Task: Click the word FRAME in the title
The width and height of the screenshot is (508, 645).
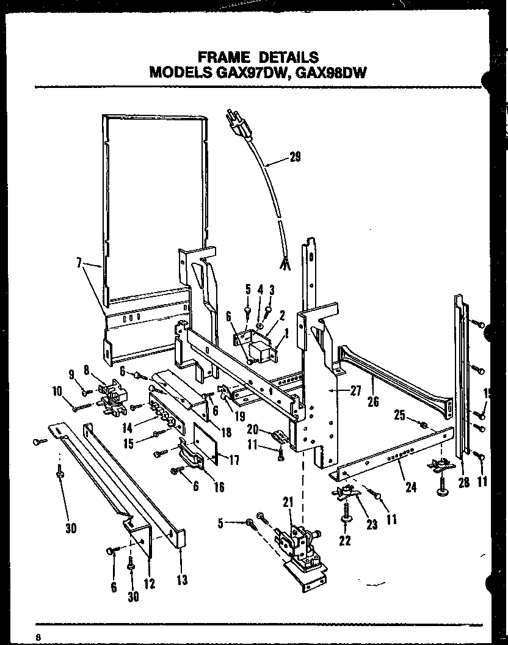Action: click(x=224, y=57)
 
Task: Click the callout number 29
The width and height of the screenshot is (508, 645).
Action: click(x=295, y=158)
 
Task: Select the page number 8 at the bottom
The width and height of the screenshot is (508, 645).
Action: click(x=38, y=636)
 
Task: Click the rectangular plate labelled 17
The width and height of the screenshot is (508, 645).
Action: click(x=205, y=440)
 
